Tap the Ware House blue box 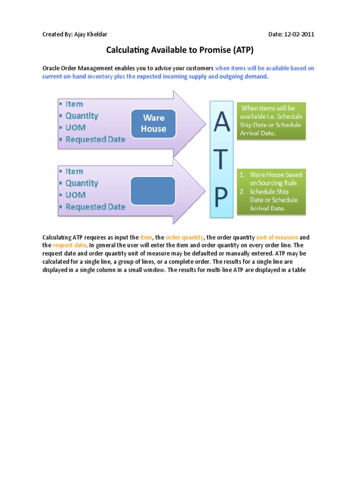click(x=154, y=124)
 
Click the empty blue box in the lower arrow click(x=153, y=191)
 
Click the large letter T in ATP click(x=221, y=160)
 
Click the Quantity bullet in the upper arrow click(x=82, y=116)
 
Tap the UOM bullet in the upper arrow click(x=75, y=127)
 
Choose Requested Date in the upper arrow click(x=95, y=139)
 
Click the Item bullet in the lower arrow click(x=74, y=172)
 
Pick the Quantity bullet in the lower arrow click(x=82, y=183)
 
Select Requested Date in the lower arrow click(x=95, y=207)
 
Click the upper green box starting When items click(x=271, y=121)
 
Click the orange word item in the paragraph click(x=146, y=238)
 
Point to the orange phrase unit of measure click(x=277, y=238)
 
